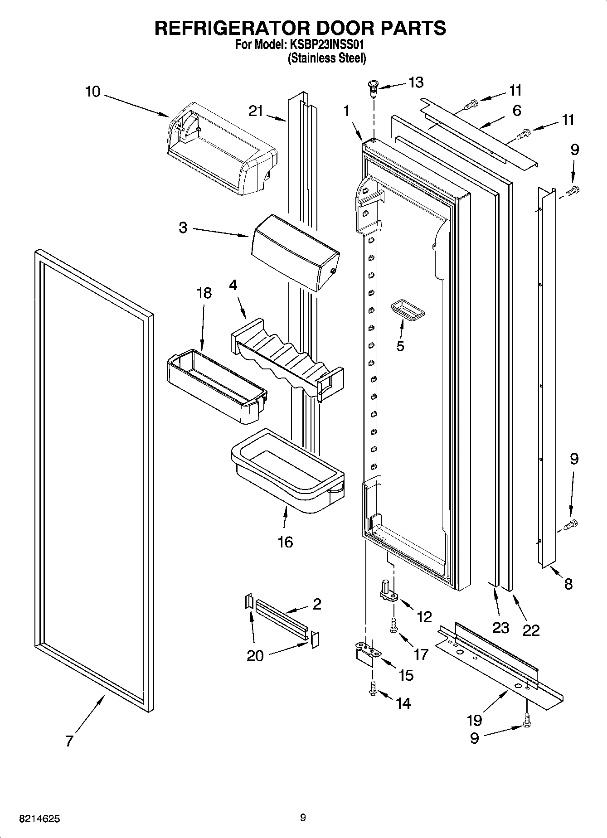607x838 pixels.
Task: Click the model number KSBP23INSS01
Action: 325,45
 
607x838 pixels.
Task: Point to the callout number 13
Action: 416,82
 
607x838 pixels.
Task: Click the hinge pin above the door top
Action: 374,87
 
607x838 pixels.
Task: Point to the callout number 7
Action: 69,741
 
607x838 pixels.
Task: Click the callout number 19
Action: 474,719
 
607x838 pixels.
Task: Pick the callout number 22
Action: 531,630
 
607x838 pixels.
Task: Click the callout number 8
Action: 568,584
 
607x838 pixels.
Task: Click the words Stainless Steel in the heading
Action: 327,58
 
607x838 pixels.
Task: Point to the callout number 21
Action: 256,111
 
